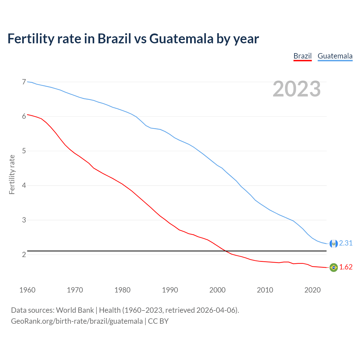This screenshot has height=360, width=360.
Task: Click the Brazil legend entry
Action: click(302, 56)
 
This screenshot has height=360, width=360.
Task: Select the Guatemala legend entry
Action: click(335, 56)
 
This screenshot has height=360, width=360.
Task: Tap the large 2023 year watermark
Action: click(297, 89)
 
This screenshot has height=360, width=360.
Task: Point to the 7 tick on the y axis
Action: click(24, 82)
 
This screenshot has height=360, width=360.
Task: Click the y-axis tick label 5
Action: click(24, 151)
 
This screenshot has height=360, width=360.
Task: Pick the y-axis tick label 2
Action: click(24, 255)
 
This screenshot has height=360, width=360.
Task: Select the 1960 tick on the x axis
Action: click(27, 290)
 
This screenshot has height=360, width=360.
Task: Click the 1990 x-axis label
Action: click(170, 290)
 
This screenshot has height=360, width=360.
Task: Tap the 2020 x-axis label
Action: click(312, 290)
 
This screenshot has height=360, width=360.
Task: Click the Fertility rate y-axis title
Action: click(12, 174)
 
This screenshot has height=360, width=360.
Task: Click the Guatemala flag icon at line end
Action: click(334, 244)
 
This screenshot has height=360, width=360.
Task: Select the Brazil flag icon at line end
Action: click(334, 267)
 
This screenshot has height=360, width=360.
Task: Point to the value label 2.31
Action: click(346, 243)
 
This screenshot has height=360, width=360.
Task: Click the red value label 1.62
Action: click(346, 267)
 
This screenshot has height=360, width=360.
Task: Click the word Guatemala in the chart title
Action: click(181, 39)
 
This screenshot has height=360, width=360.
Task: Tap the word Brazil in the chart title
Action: click(114, 39)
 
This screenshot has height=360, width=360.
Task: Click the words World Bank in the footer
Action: click(75, 310)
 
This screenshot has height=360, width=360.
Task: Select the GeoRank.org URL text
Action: click(77, 321)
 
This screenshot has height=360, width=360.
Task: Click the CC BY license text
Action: click(158, 321)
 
